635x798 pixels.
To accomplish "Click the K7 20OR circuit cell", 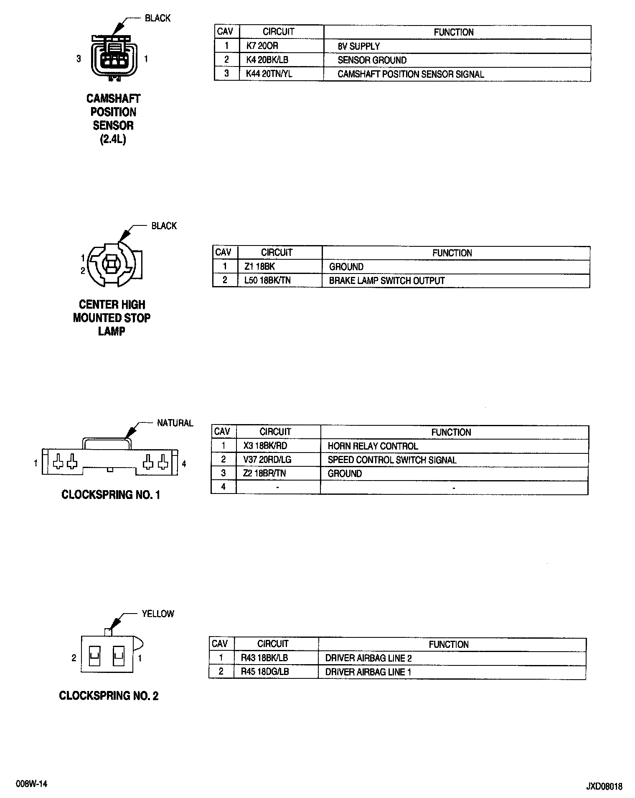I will pos(262,46).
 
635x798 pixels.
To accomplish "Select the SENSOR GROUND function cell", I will pos(372,60).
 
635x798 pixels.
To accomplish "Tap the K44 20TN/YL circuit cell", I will pos(269,74).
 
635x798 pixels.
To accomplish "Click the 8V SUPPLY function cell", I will pos(358,46).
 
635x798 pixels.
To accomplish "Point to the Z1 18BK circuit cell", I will pos(259,266).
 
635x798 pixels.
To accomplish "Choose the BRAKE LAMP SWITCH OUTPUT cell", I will pos(386,281).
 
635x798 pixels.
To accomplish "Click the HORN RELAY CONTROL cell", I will pos(373,446).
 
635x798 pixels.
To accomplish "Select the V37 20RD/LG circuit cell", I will pos(267,460).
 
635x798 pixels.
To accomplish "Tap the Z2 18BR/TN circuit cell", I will pos(264,473).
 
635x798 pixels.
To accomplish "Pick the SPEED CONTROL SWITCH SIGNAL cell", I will pos(392,460).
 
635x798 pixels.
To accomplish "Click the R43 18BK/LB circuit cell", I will pos(264,658).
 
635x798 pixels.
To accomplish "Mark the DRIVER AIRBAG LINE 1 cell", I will pos(368,672).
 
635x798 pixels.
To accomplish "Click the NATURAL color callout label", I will pos(175,423).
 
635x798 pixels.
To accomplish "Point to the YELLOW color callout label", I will pos(157,614).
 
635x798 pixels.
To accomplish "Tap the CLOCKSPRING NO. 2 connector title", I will pos(109,696).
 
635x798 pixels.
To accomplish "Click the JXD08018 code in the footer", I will pos(604,787).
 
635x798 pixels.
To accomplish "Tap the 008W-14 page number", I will pos(31,784).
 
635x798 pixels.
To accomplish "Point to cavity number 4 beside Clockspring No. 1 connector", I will pos(184,463).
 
